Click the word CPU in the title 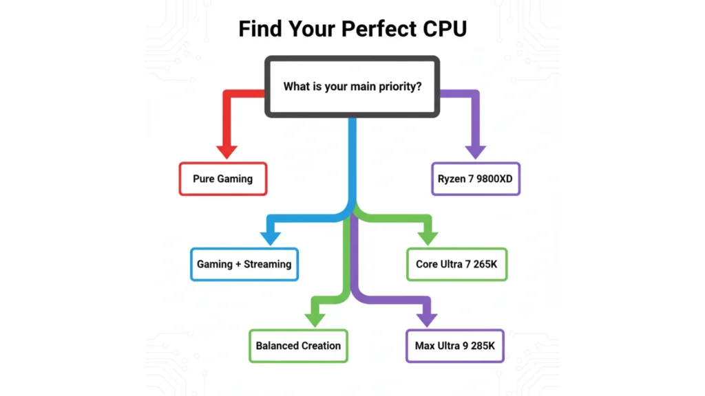(442, 29)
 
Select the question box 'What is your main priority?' (352, 87)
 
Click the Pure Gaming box (222, 179)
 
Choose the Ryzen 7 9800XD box (476, 179)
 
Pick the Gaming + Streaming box (244, 264)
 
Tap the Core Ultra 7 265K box (456, 264)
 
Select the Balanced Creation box (298, 346)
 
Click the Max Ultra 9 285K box (454, 346)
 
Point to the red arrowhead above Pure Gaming (227, 151)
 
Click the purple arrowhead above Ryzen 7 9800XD (476, 151)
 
